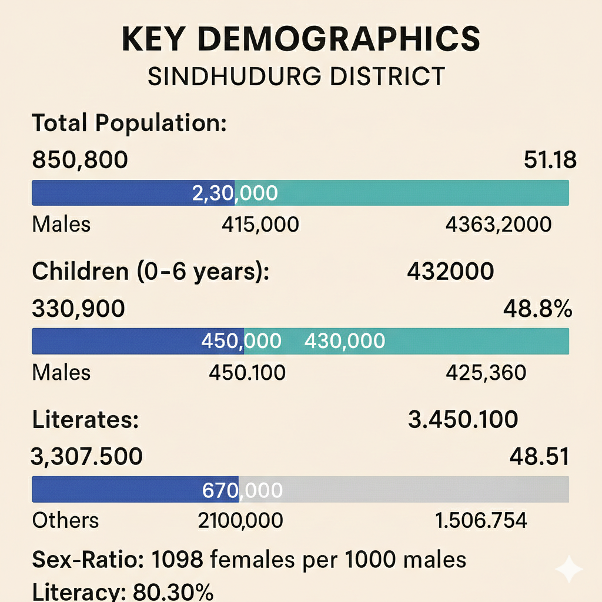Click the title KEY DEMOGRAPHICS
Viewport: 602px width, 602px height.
pos(300,39)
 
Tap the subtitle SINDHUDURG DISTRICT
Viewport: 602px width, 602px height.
pos(296,77)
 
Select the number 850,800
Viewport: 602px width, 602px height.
pos(79,160)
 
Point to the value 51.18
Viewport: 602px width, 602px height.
pos(549,160)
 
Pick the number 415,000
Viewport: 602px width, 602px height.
pos(260,224)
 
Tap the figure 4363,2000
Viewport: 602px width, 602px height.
pos(499,224)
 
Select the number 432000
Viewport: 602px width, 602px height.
pos(450,271)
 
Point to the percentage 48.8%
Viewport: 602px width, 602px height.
pos(537,308)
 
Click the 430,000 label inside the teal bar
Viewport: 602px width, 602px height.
pos(345,341)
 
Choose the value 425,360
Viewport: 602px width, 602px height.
pos(486,372)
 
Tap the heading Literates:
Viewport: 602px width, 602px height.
pos(85,420)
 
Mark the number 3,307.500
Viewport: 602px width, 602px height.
pos(86,456)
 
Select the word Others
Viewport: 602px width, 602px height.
pos(65,520)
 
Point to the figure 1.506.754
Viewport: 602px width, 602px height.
pos(480,520)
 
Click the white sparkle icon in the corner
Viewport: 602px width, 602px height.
pos(568,568)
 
